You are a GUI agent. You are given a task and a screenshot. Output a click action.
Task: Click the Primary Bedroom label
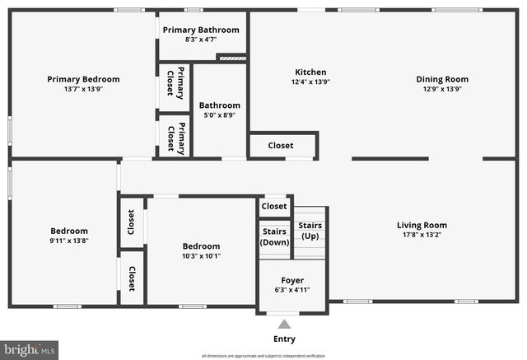click(83, 79)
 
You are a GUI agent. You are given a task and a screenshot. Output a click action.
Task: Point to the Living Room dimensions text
click(422, 235)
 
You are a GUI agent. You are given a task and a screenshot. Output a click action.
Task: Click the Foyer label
click(292, 280)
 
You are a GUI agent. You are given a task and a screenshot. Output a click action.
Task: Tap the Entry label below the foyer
click(284, 339)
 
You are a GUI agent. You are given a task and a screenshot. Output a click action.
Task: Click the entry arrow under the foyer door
click(284, 324)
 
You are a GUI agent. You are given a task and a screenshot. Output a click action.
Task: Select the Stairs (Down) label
click(274, 236)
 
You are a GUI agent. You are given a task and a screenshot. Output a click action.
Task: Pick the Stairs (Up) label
click(310, 231)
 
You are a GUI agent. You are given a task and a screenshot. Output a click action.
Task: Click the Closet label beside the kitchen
click(281, 146)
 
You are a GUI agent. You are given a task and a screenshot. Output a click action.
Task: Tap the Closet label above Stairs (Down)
click(274, 206)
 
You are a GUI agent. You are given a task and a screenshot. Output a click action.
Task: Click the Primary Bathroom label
click(201, 30)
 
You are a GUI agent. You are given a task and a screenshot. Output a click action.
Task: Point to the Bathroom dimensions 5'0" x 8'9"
click(219, 115)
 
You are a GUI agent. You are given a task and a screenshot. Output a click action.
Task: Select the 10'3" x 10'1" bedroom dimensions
click(201, 256)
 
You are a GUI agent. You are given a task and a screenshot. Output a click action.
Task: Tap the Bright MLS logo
click(30, 349)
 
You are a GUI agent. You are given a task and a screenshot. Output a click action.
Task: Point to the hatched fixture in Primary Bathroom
click(232, 58)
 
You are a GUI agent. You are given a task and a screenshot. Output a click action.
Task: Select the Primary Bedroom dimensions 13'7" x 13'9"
click(83, 89)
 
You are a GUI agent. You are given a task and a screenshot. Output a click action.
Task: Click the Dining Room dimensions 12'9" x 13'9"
click(442, 89)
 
